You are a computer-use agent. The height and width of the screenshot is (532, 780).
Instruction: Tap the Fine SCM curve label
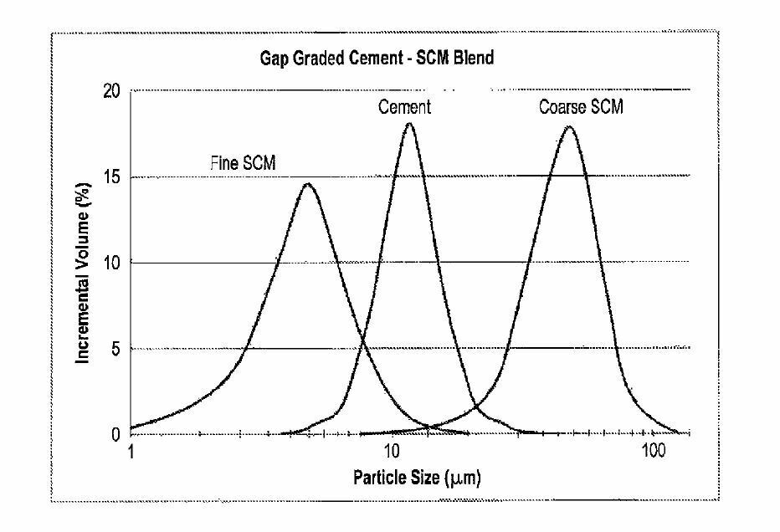tap(243, 164)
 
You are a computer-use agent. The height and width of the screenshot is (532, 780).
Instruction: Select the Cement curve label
tap(404, 107)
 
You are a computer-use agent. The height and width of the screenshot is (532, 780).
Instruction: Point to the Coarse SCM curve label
tap(580, 107)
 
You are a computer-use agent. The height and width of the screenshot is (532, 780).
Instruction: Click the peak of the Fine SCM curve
tap(307, 184)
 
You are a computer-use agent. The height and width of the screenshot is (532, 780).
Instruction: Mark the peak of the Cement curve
tap(409, 124)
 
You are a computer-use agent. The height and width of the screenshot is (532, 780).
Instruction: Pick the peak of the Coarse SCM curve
tap(569, 127)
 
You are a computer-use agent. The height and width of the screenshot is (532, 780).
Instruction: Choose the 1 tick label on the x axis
tap(131, 453)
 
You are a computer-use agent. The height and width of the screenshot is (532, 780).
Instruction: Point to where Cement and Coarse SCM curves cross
tap(477, 407)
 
